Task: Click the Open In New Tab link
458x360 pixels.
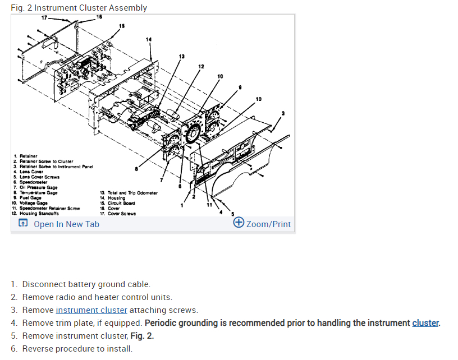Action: [x=66, y=224]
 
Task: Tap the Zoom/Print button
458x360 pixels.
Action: [x=263, y=224]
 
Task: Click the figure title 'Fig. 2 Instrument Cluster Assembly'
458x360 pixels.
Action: [x=79, y=8]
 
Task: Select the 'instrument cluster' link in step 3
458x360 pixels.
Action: [x=91, y=310]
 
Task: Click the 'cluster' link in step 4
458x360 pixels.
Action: [x=425, y=323]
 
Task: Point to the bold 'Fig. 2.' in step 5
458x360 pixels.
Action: [x=143, y=336]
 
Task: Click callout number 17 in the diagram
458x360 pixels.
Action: [x=44, y=18]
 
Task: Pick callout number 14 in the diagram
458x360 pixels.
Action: [x=148, y=39]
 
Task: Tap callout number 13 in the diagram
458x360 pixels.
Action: [x=181, y=57]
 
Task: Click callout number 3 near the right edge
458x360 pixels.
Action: [x=283, y=114]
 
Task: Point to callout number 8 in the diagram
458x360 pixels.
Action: [x=136, y=168]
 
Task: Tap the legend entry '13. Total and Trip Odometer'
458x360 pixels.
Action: [x=129, y=192]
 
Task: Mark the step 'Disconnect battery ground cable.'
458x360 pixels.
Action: [x=86, y=284]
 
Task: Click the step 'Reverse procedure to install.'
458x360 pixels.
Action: [x=77, y=349]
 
